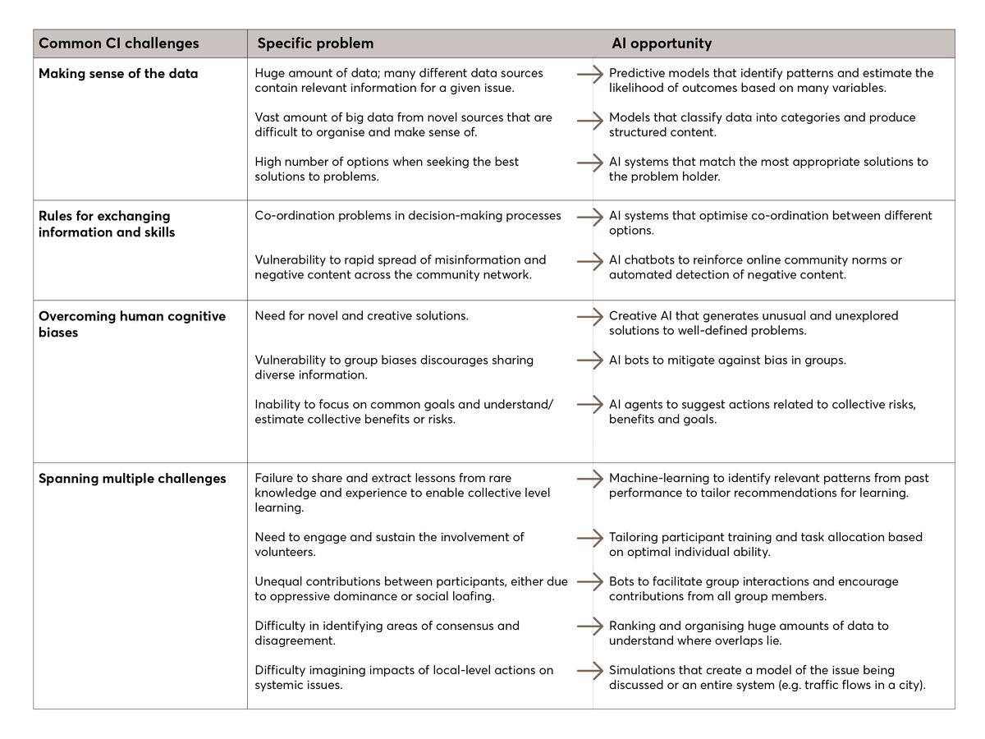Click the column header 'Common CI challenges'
coord(119,44)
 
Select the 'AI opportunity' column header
coord(662,44)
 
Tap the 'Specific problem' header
coord(315,44)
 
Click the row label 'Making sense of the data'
coord(118,73)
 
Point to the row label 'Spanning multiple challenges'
coord(132,479)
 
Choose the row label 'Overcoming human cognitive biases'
coord(132,324)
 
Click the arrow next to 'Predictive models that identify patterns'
coord(589,74)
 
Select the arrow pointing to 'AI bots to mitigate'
coord(589,360)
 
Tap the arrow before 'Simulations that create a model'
coord(589,670)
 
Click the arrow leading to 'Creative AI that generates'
coord(589,315)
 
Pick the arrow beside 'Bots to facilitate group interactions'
coord(589,581)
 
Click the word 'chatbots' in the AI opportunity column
coord(651,259)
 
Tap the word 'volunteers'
coord(285,552)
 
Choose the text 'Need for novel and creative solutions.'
coord(361,315)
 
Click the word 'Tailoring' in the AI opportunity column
coord(636,537)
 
